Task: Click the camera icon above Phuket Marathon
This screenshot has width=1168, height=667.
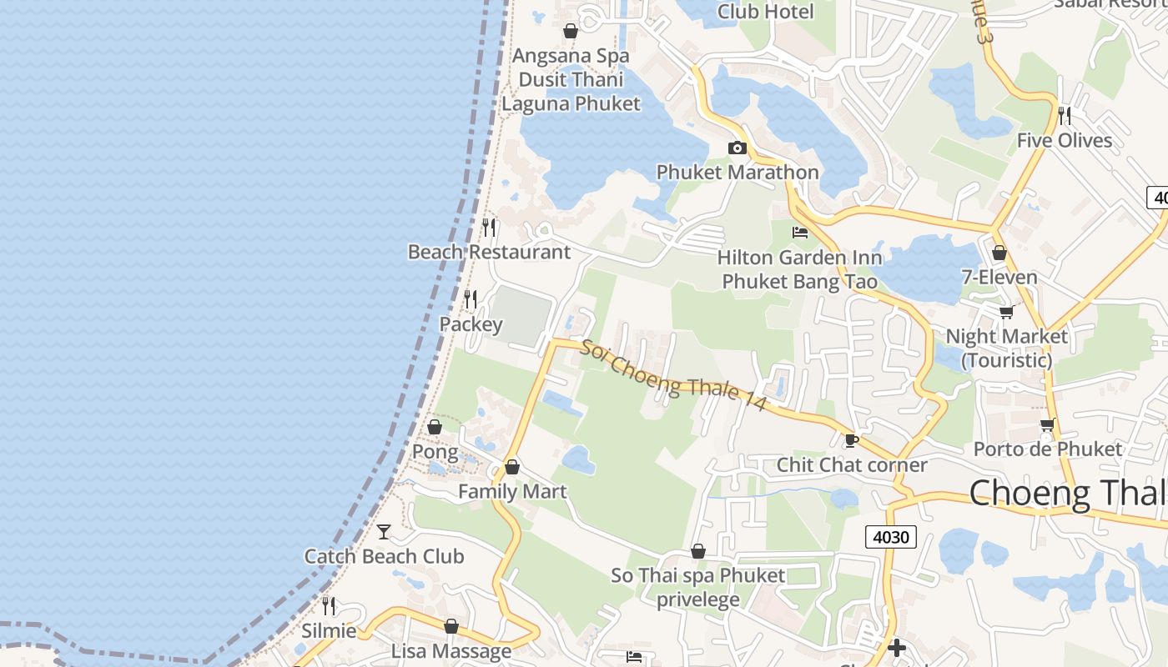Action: (738, 148)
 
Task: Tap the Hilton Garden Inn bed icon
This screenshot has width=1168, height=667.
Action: (800, 233)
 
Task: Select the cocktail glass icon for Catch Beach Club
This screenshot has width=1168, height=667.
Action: (384, 531)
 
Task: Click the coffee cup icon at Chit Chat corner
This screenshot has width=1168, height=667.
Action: (851, 440)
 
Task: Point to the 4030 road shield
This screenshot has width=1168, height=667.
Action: (890, 537)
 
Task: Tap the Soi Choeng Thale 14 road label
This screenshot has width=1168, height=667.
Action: (673, 374)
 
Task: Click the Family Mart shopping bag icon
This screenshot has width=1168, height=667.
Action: (512, 467)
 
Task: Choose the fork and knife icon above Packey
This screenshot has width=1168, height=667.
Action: (471, 298)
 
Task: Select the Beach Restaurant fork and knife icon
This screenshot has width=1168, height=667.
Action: (489, 227)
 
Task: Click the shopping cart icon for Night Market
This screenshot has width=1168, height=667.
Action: (1006, 312)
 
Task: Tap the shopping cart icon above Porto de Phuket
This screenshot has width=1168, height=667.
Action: (1048, 424)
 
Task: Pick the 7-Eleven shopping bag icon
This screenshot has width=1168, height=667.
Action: (999, 253)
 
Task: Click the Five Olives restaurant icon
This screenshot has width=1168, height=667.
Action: (1065, 115)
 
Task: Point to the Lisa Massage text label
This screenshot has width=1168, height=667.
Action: (451, 651)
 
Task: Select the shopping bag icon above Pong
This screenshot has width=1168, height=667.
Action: (435, 428)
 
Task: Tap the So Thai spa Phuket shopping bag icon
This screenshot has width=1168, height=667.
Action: (698, 552)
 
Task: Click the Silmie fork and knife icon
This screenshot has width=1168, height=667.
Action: (329, 606)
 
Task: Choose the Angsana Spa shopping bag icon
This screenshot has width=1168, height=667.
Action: (571, 32)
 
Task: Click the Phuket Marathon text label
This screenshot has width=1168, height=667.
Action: (738, 173)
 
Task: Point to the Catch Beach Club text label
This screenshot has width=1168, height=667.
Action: (384, 556)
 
